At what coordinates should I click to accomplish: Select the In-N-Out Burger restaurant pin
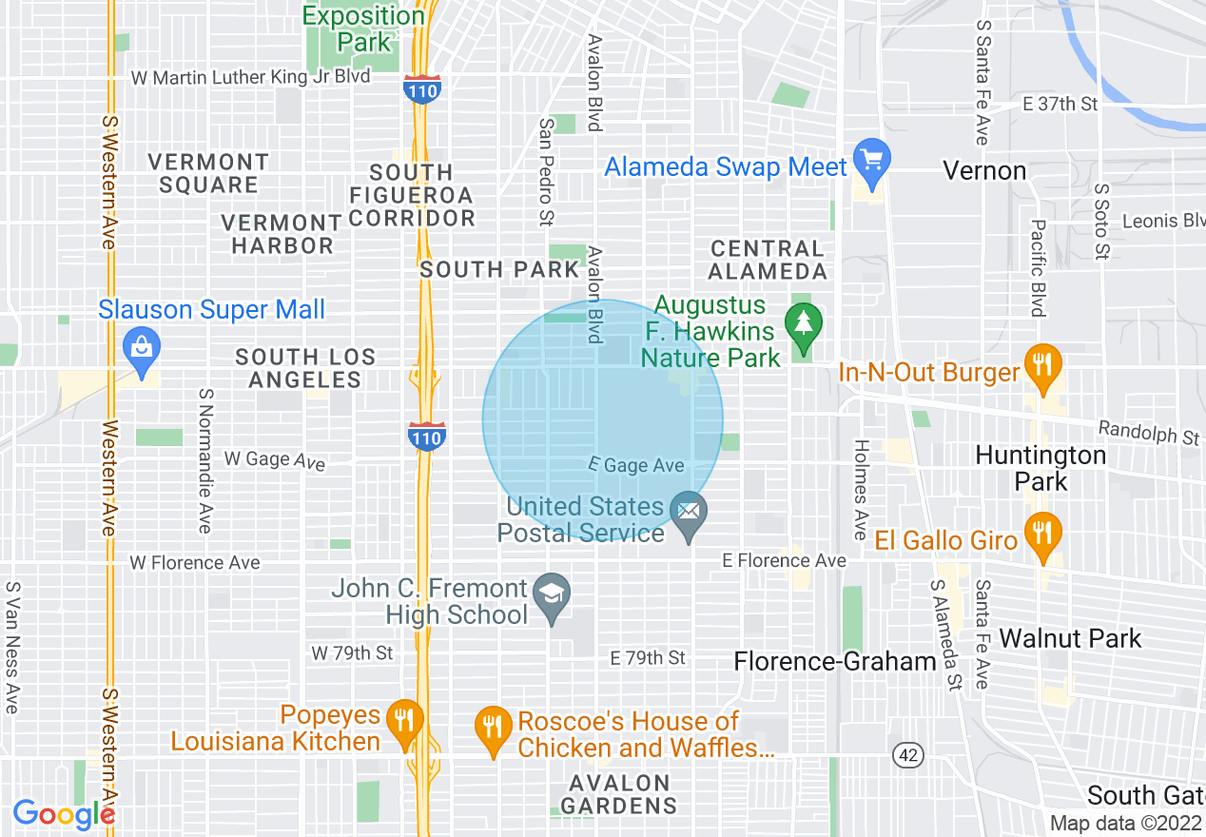(1043, 365)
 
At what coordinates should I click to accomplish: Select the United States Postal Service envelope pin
(689, 514)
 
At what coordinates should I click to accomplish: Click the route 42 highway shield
(908, 755)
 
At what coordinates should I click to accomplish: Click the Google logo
(64, 814)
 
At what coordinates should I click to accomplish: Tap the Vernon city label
(984, 171)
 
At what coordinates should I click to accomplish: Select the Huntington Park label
(1041, 468)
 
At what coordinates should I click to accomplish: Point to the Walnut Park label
(1070, 638)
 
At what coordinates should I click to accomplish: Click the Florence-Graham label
(836, 661)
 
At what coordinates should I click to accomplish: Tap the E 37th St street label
(1060, 104)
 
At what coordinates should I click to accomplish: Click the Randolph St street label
(1149, 434)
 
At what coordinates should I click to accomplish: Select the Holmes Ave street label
(861, 489)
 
